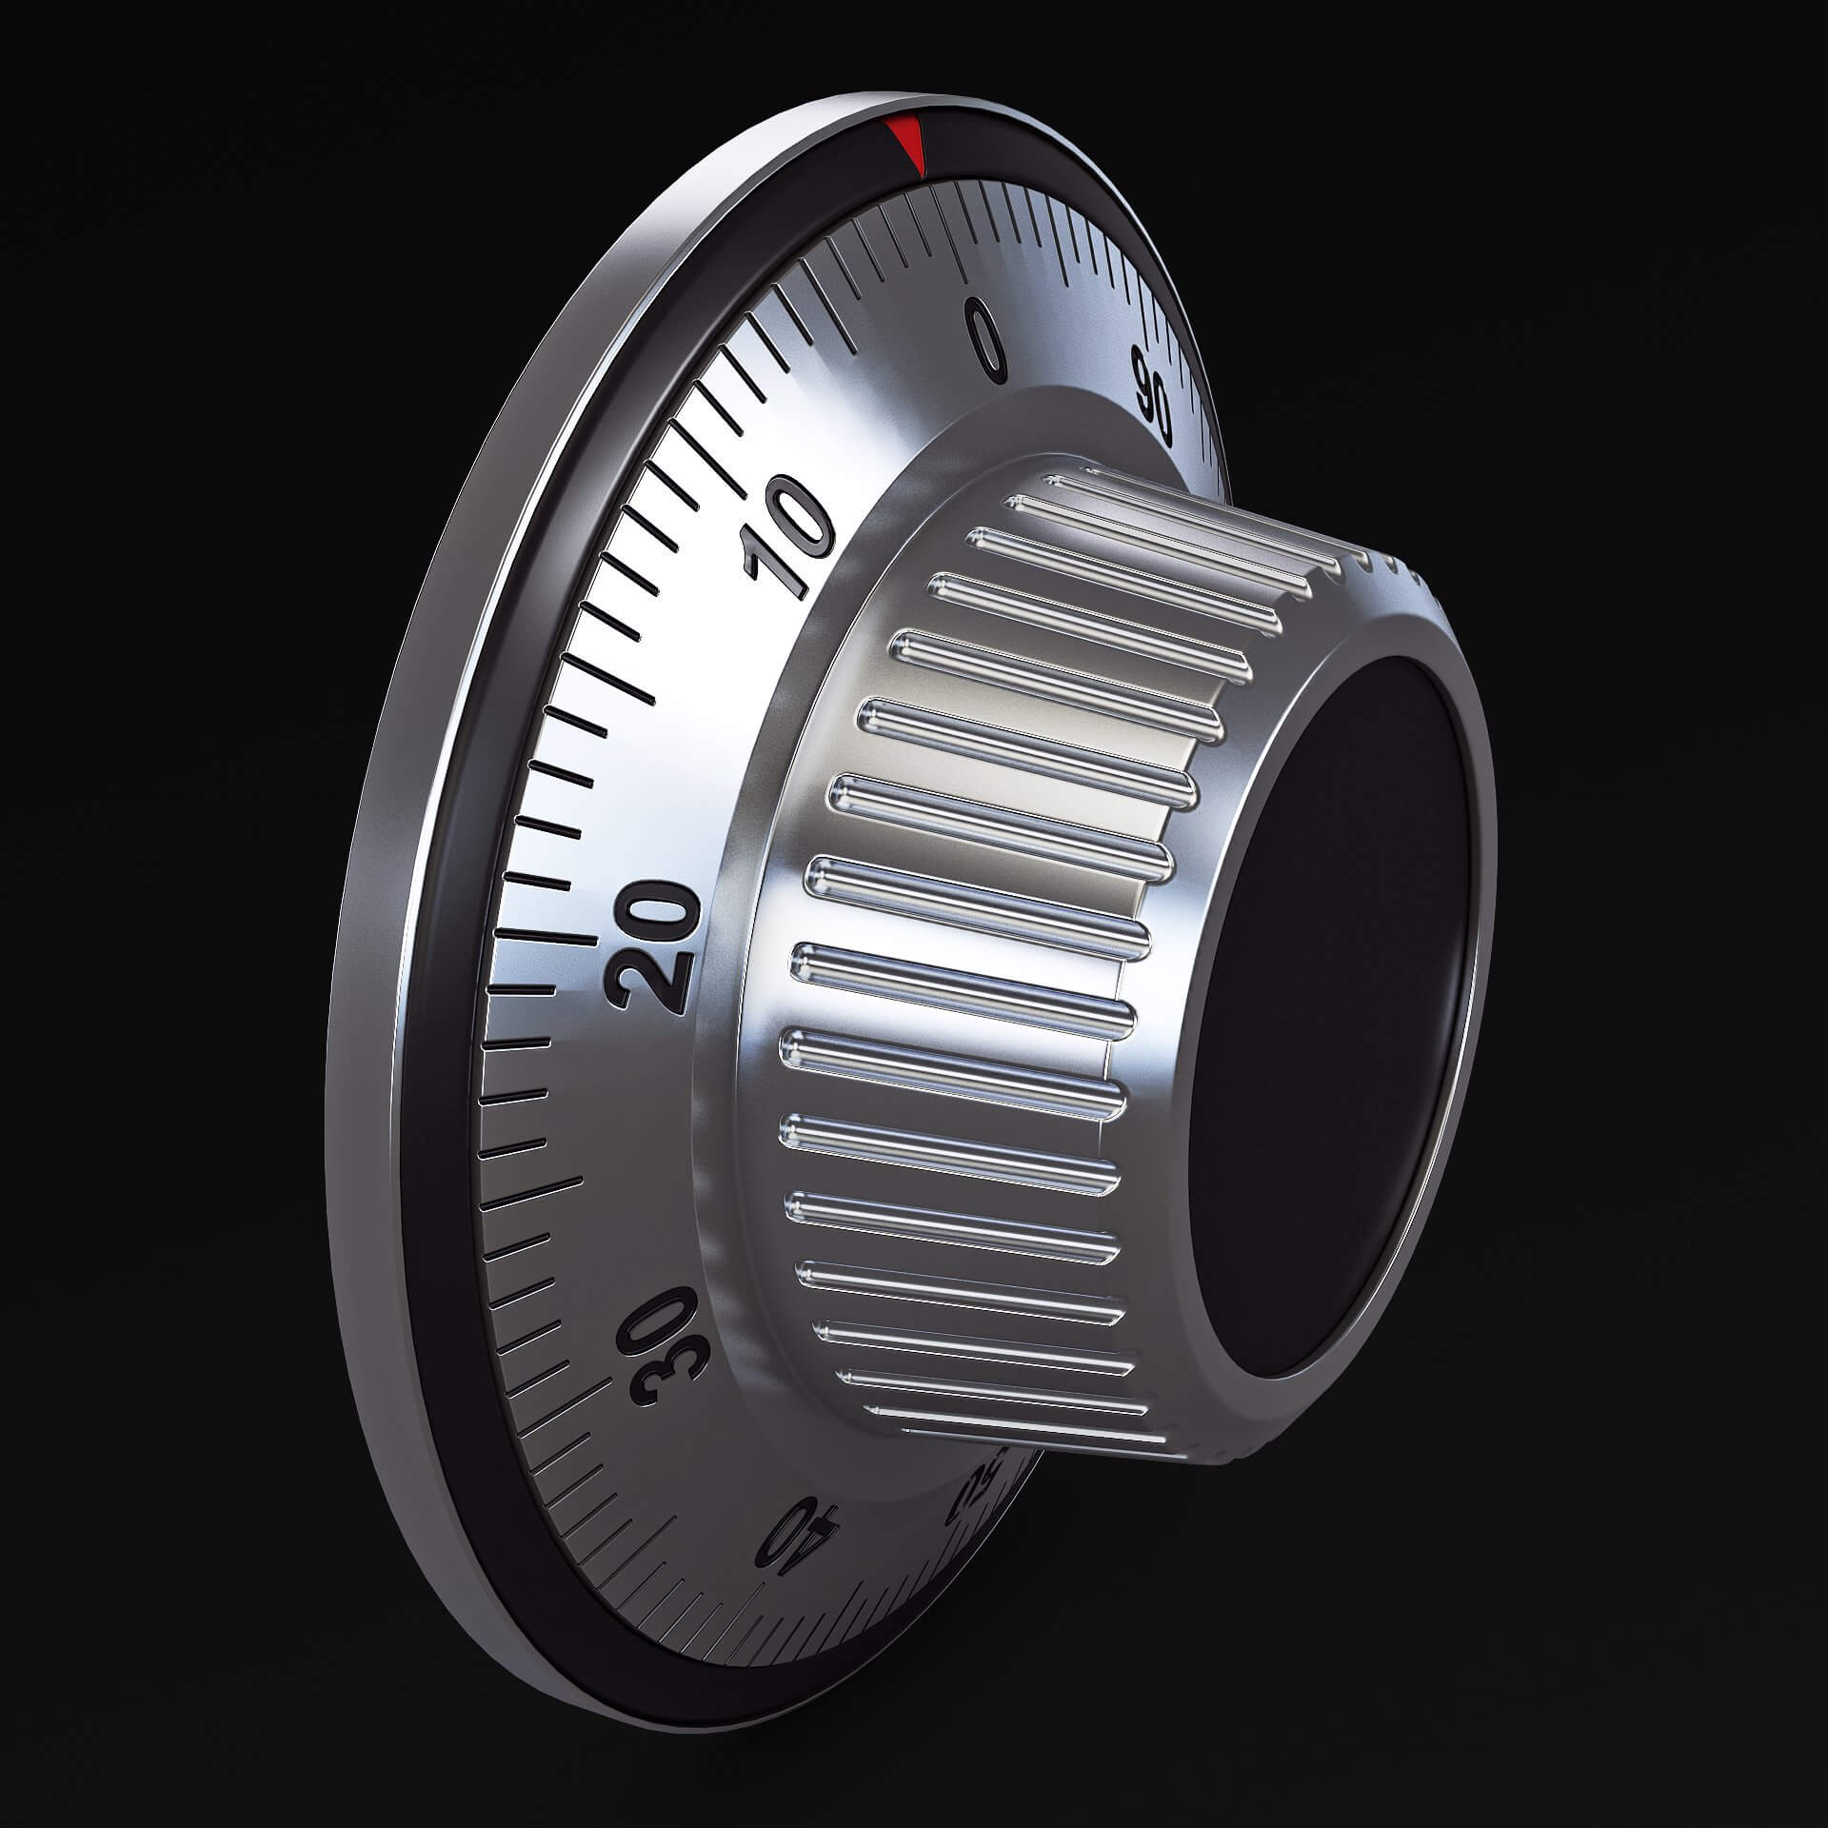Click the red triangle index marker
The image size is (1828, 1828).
coord(905,143)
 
